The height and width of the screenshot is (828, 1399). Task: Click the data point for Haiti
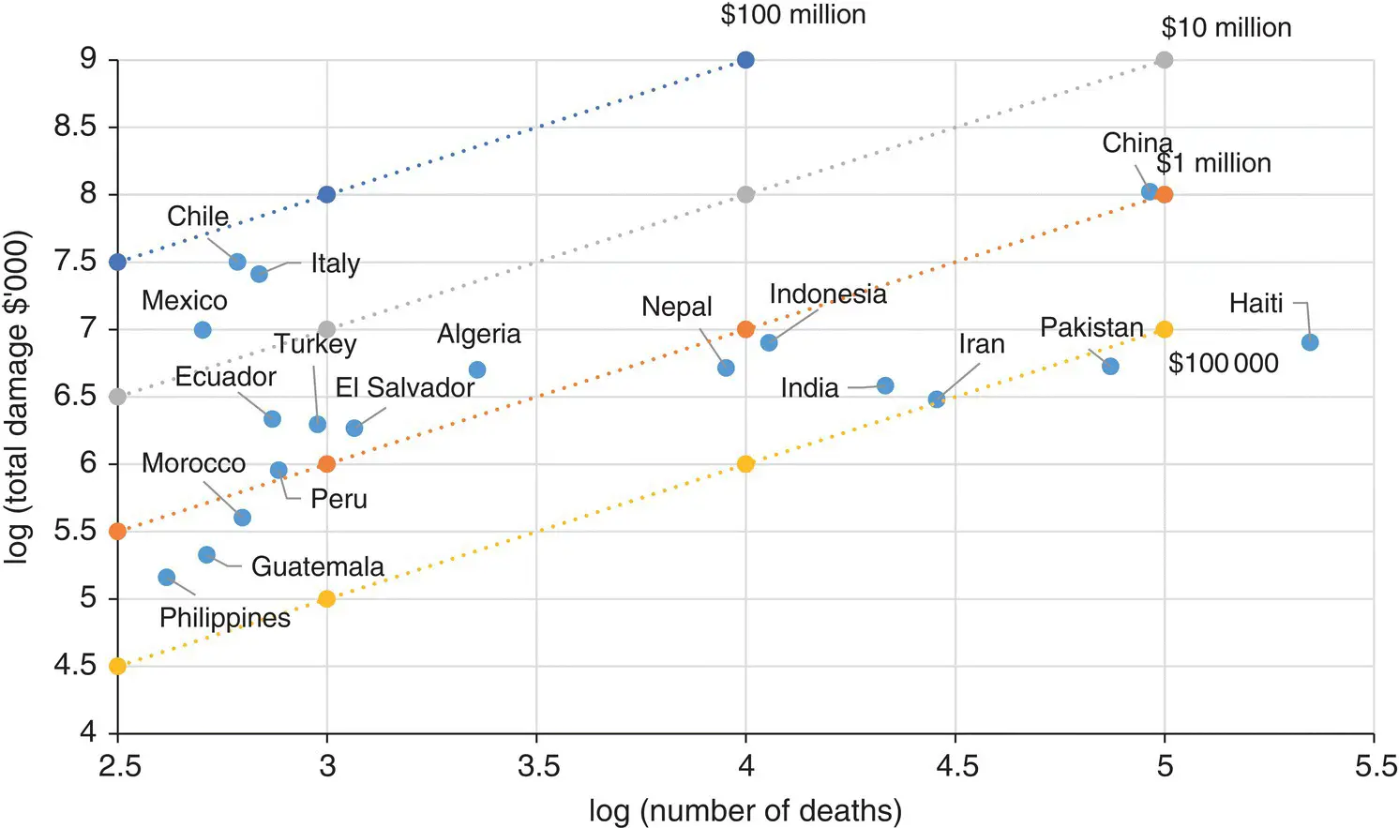tap(1310, 342)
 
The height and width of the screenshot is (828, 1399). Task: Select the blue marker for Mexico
tap(203, 330)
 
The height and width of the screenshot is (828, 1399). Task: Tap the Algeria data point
tap(477, 370)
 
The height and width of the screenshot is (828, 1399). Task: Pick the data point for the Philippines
tap(167, 578)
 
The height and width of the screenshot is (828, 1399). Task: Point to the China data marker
tap(1150, 192)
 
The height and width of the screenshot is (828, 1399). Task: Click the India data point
tap(885, 385)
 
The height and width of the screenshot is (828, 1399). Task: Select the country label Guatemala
tap(318, 566)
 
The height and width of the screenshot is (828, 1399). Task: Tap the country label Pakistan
tap(1091, 327)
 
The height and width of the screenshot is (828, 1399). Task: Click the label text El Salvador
tap(405, 387)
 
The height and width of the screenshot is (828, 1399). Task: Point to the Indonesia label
tap(828, 294)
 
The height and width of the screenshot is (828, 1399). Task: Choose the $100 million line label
tap(793, 15)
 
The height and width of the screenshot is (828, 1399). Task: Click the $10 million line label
tap(1226, 28)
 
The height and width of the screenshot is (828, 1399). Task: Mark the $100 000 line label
tap(1224, 364)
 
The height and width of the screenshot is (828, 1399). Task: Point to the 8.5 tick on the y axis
tap(76, 127)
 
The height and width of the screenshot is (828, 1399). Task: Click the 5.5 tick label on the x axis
tap(1376, 767)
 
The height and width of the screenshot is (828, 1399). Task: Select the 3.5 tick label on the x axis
tap(537, 767)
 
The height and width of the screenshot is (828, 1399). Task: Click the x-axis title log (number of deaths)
tap(745, 811)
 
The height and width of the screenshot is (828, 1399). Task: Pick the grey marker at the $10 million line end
tap(1165, 60)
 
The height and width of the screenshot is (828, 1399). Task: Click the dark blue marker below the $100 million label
tap(745, 60)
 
